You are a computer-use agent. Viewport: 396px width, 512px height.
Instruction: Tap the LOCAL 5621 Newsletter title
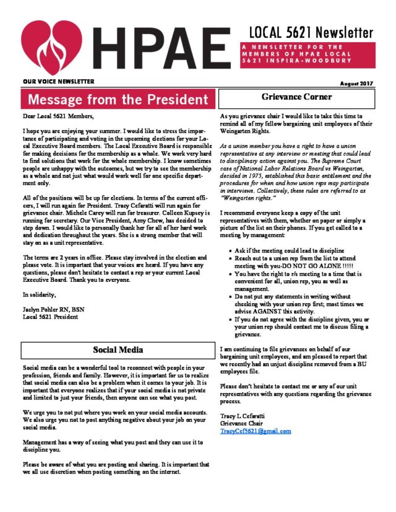tap(311, 32)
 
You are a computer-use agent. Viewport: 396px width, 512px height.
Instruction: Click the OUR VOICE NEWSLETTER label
tap(58, 82)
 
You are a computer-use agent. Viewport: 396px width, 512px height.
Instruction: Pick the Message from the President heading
tap(118, 100)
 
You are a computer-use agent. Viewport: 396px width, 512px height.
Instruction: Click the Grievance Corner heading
tap(297, 97)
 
